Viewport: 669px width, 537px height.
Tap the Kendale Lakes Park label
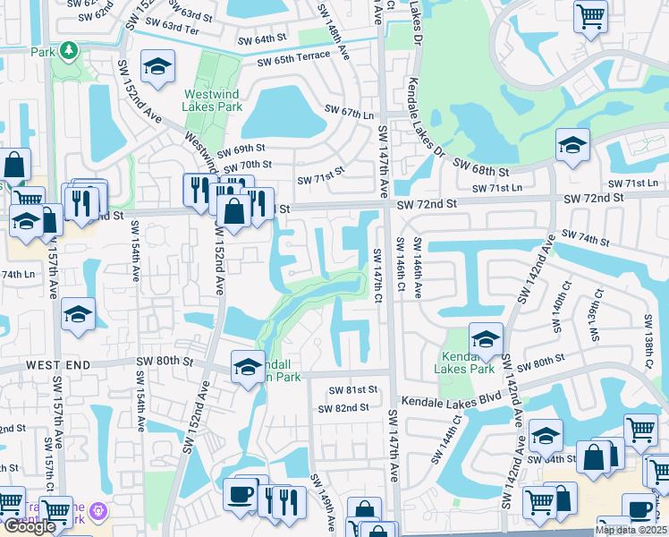coord(464,362)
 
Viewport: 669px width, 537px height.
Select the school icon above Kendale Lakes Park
coord(486,339)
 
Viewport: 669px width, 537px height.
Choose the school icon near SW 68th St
coord(572,146)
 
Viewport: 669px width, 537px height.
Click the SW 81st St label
coord(352,390)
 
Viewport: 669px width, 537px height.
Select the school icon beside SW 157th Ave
coord(78,315)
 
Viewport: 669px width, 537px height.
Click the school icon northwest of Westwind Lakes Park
coord(158,67)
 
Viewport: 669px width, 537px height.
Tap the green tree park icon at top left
coord(68,51)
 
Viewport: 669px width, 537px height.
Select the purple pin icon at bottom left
coord(98,512)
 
